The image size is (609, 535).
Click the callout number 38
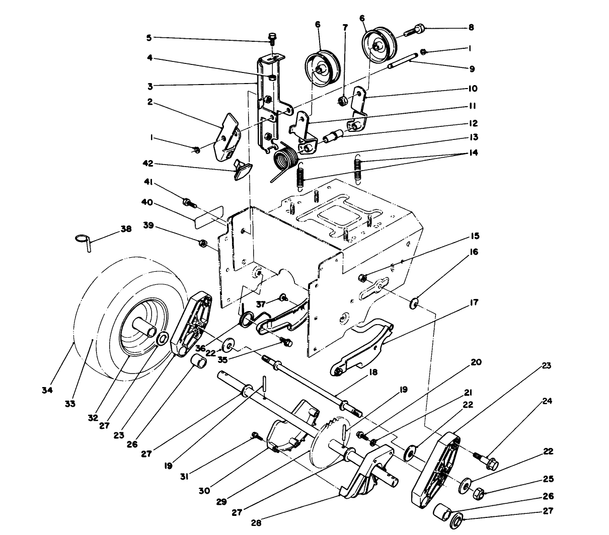[x=125, y=228]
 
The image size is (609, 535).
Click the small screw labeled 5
[x=272, y=38]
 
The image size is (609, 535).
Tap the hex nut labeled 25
[x=479, y=493]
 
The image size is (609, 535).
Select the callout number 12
[x=472, y=123]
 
